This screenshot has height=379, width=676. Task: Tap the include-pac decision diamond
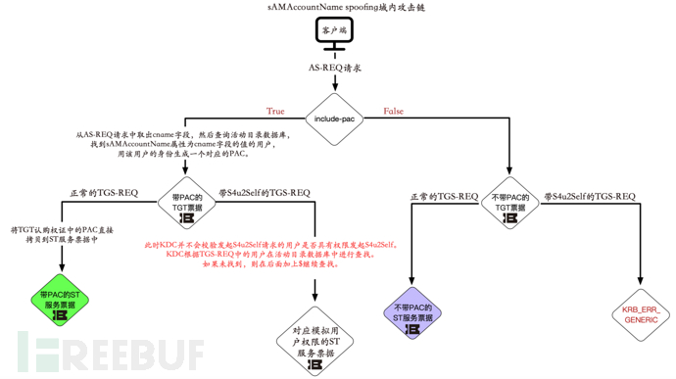pos(336,119)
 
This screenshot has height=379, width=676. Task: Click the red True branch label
pos(275,111)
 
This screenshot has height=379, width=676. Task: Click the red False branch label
pos(393,111)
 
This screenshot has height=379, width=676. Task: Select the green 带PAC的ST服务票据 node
pos(59,300)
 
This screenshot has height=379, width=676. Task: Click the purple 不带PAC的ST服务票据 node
pos(411,315)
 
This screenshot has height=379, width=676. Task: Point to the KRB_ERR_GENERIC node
pos(642,314)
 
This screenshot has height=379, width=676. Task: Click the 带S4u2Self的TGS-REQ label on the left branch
pos(265,193)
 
